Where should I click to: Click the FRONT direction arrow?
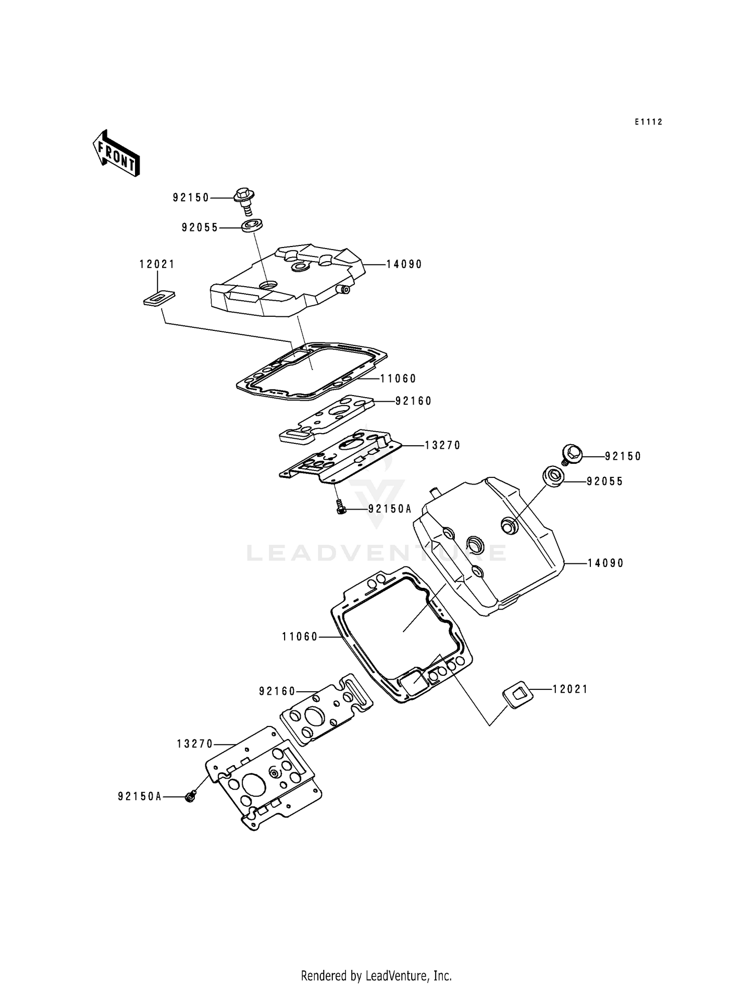click(x=115, y=153)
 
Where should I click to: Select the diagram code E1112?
click(x=648, y=122)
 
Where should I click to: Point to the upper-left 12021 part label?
click(x=157, y=265)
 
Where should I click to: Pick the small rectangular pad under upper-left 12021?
click(x=159, y=298)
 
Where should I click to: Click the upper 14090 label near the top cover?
click(x=404, y=264)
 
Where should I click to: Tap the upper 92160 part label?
click(x=414, y=401)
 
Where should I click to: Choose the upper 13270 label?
click(x=442, y=445)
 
